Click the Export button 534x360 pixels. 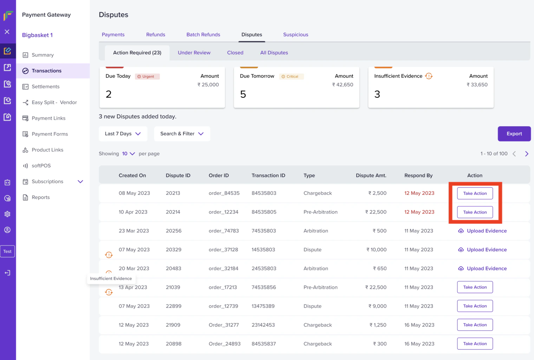tap(514, 134)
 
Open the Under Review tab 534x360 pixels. tap(194, 53)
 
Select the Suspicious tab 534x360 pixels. tap(295, 34)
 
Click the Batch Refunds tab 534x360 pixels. tap(203, 34)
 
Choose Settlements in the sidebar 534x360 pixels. tap(45, 86)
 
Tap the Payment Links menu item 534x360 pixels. tap(48, 118)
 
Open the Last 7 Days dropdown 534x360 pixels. tap(123, 134)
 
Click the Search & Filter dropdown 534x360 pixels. tap(182, 134)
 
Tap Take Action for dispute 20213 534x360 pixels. tap(475, 193)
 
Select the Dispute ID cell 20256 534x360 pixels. tap(174, 231)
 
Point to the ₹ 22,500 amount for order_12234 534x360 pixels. tap(376, 212)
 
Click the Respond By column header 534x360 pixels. tap(418, 175)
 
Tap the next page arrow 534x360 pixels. tap(526, 154)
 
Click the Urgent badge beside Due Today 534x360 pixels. tap(148, 76)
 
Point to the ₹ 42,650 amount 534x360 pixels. tap(343, 85)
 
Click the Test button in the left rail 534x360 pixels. tap(7, 251)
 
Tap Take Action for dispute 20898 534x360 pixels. tap(475, 344)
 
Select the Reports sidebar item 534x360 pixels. tap(40, 197)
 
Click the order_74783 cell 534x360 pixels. tap(223, 231)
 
